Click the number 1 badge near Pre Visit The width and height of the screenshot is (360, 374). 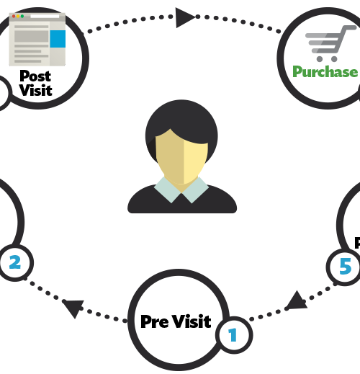coord(234,335)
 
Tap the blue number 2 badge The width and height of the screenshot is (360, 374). coord(15,262)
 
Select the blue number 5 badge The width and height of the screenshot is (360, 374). coord(345,267)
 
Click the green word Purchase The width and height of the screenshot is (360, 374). coord(325,72)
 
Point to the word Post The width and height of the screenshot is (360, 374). coord(35,76)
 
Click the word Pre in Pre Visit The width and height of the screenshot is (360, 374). coord(155,321)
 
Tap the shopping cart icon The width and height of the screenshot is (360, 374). coord(330,43)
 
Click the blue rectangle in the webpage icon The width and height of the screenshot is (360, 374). coord(58,39)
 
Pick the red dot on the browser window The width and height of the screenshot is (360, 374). coord(14,17)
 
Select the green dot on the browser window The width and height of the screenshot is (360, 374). coord(22,17)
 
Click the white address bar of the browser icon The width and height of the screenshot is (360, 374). coord(45,17)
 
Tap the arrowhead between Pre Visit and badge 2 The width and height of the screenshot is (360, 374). coord(73,308)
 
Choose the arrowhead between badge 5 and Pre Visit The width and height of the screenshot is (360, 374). coord(297,300)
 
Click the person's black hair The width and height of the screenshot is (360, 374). coord(181,125)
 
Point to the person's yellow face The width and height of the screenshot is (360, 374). coord(181,157)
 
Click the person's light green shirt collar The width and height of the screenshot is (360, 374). coord(181,190)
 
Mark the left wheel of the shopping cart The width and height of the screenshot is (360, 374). coord(320,59)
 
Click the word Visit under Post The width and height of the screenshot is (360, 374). coord(36,90)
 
